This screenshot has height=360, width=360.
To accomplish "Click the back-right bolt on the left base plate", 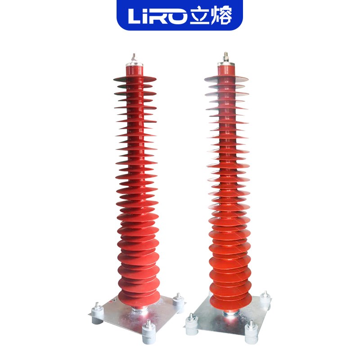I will (178, 300).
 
